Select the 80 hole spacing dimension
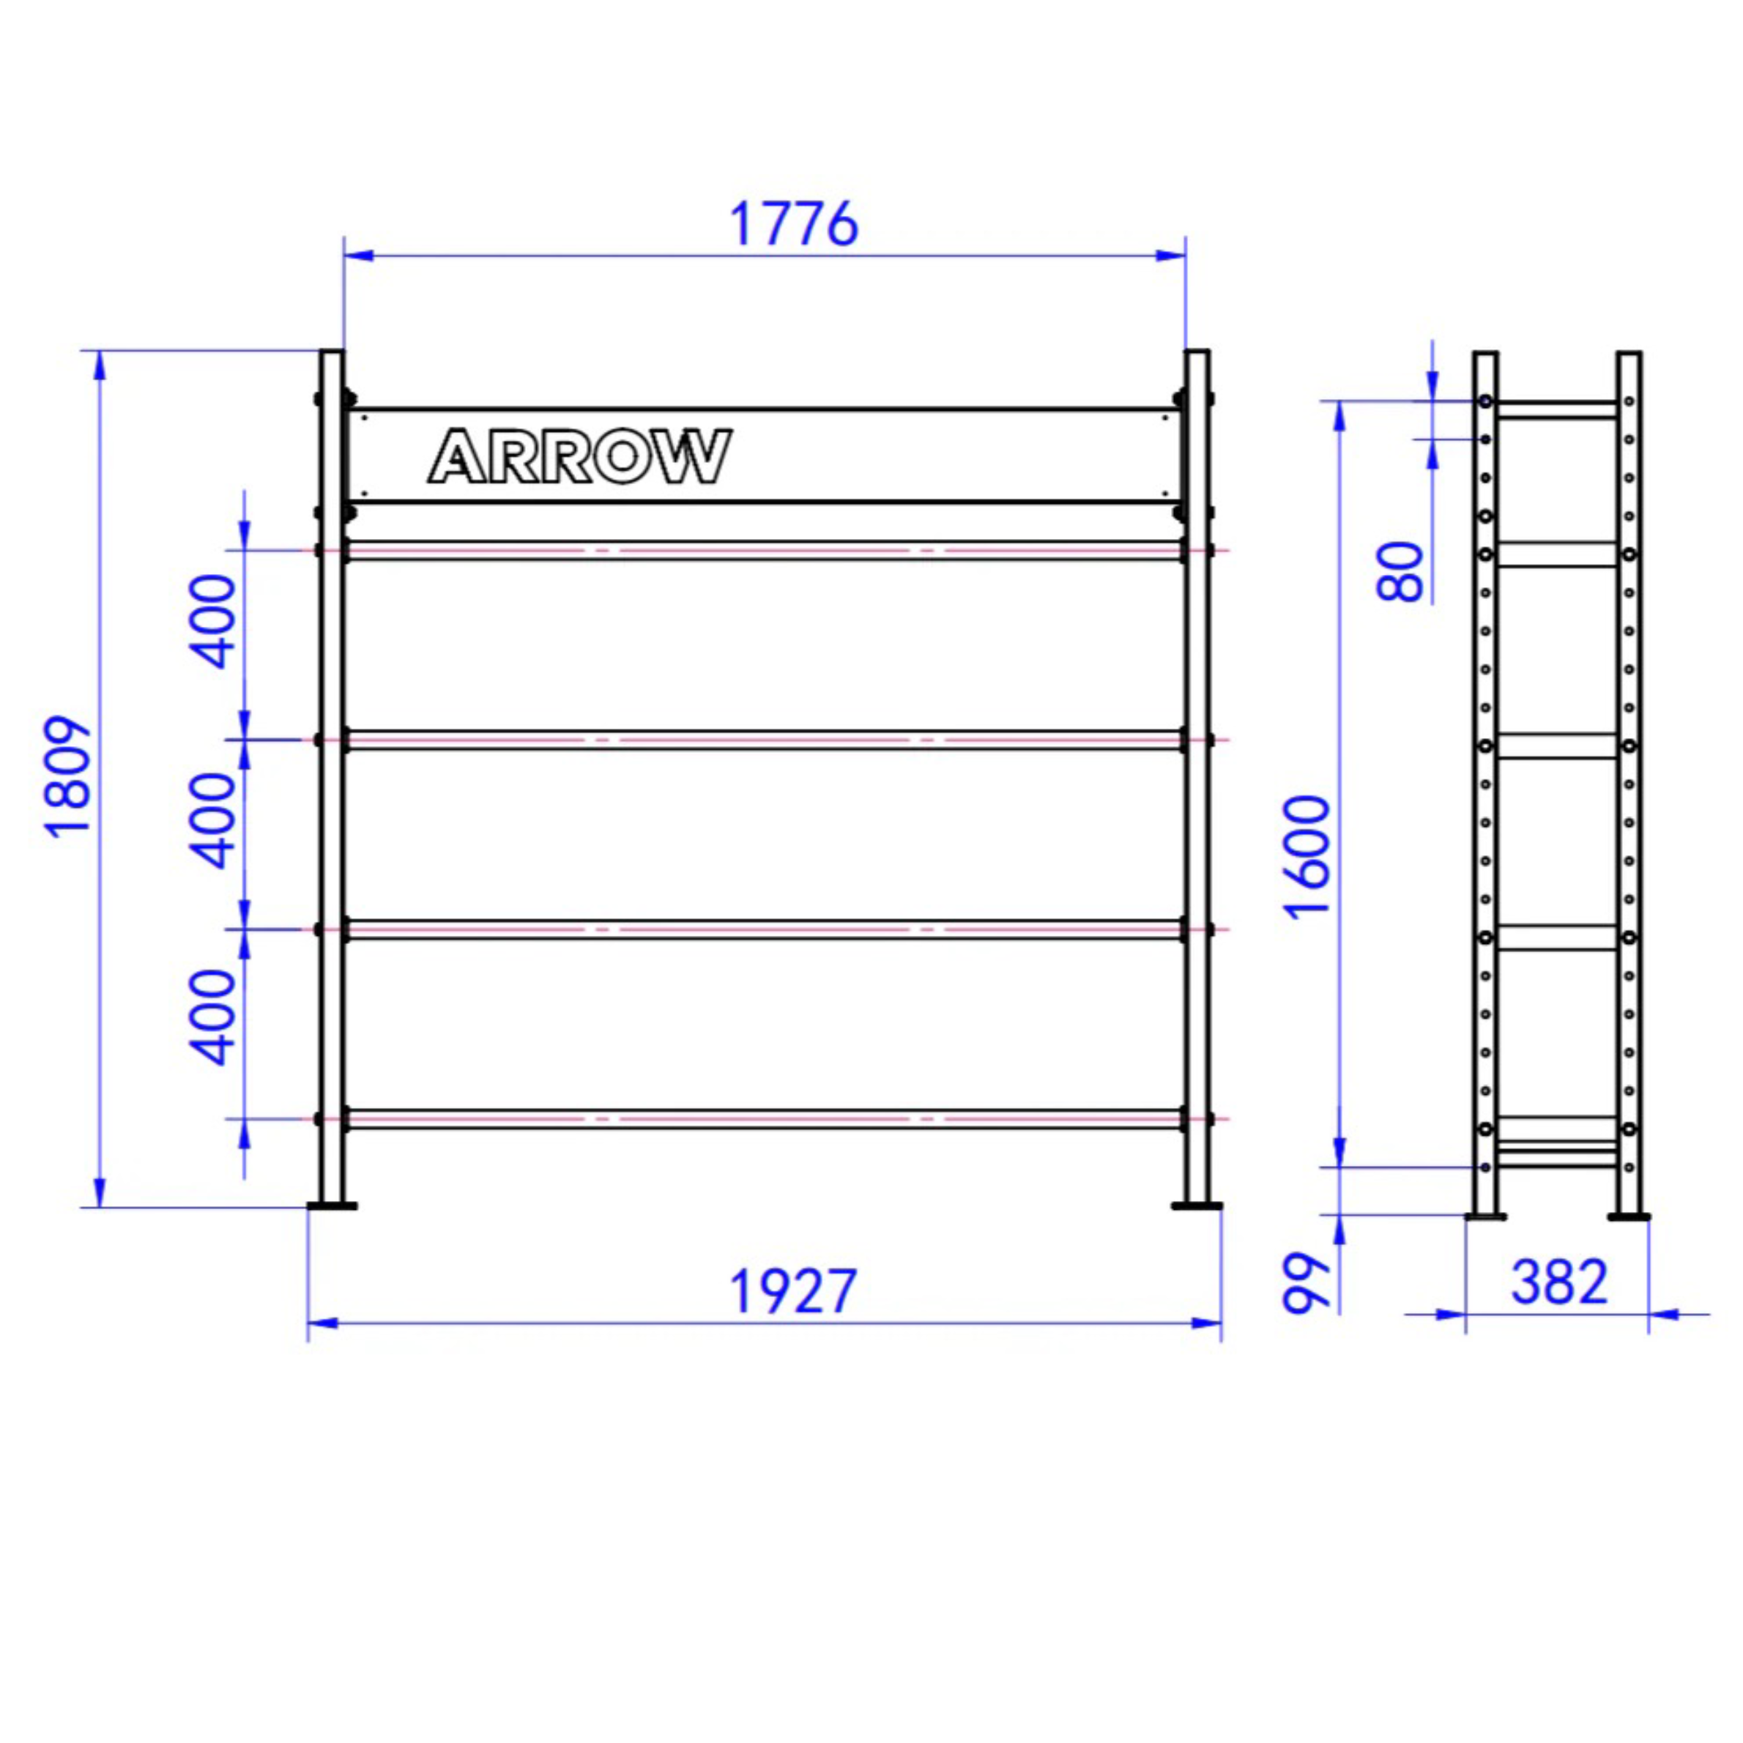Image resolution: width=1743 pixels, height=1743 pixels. pyautogui.click(x=1400, y=571)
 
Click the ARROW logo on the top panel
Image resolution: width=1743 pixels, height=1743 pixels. pyautogui.click(x=579, y=456)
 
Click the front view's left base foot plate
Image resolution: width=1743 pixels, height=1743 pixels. pyautogui.click(x=332, y=1205)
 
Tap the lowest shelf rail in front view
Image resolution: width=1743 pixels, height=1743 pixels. pyautogui.click(x=764, y=1120)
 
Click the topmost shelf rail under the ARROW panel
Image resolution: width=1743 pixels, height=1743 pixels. pyautogui.click(x=764, y=550)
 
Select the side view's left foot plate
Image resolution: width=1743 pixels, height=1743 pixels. pyautogui.click(x=1485, y=1217)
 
